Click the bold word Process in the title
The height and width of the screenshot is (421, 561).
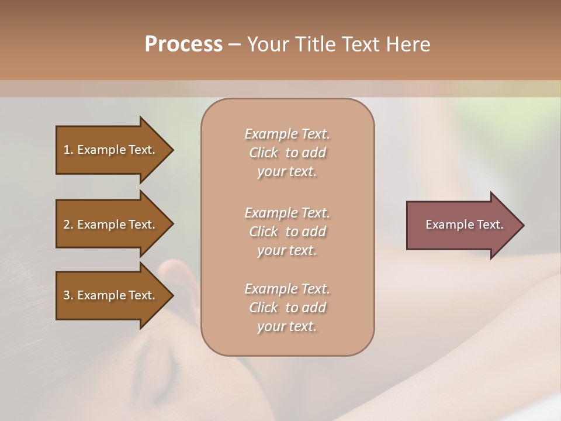tap(183, 44)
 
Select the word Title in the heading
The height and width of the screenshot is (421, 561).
tap(316, 44)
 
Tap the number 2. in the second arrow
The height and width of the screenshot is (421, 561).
tap(68, 225)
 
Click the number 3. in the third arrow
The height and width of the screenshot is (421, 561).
tap(68, 295)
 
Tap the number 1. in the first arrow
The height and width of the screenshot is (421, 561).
tap(68, 150)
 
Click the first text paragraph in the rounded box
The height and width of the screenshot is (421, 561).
tap(288, 153)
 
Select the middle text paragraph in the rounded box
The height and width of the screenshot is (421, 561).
tap(288, 231)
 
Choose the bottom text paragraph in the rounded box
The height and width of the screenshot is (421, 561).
tap(288, 308)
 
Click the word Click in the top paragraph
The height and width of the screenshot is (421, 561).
tap(264, 153)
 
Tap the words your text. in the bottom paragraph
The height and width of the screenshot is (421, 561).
tap(287, 326)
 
